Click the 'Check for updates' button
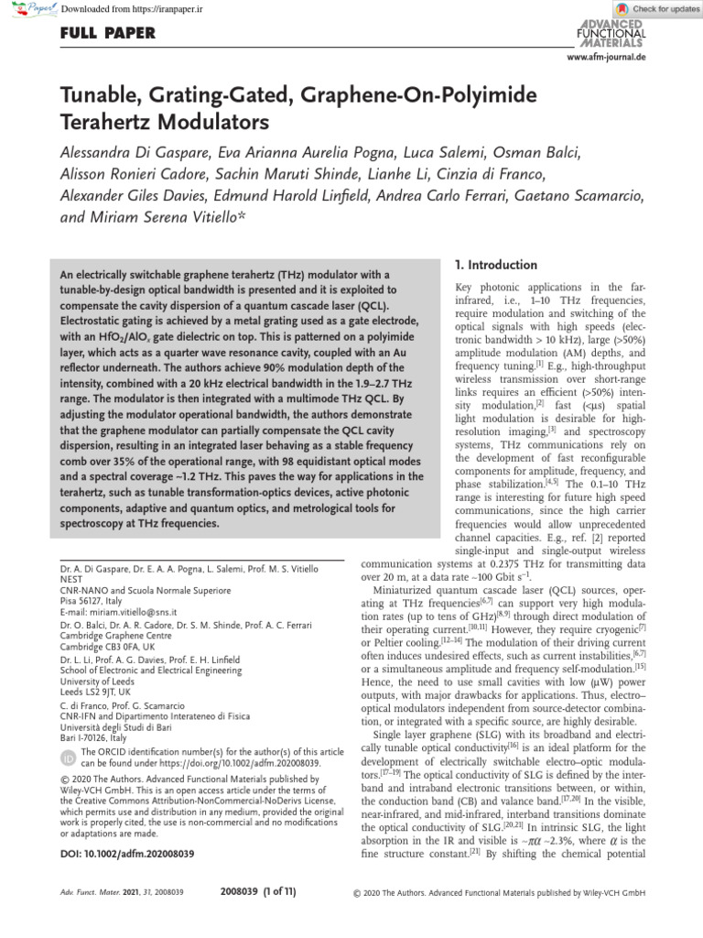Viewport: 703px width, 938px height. (656, 8)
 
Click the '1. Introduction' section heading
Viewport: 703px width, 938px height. (495, 266)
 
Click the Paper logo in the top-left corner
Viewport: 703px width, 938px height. (28, 8)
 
